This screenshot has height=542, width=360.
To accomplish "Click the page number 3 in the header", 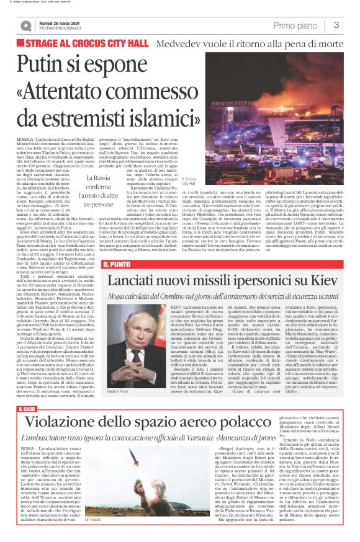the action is point(336,25).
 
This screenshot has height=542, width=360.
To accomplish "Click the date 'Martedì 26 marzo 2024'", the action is point(60,22).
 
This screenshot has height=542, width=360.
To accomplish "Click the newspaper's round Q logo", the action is point(26,25).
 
